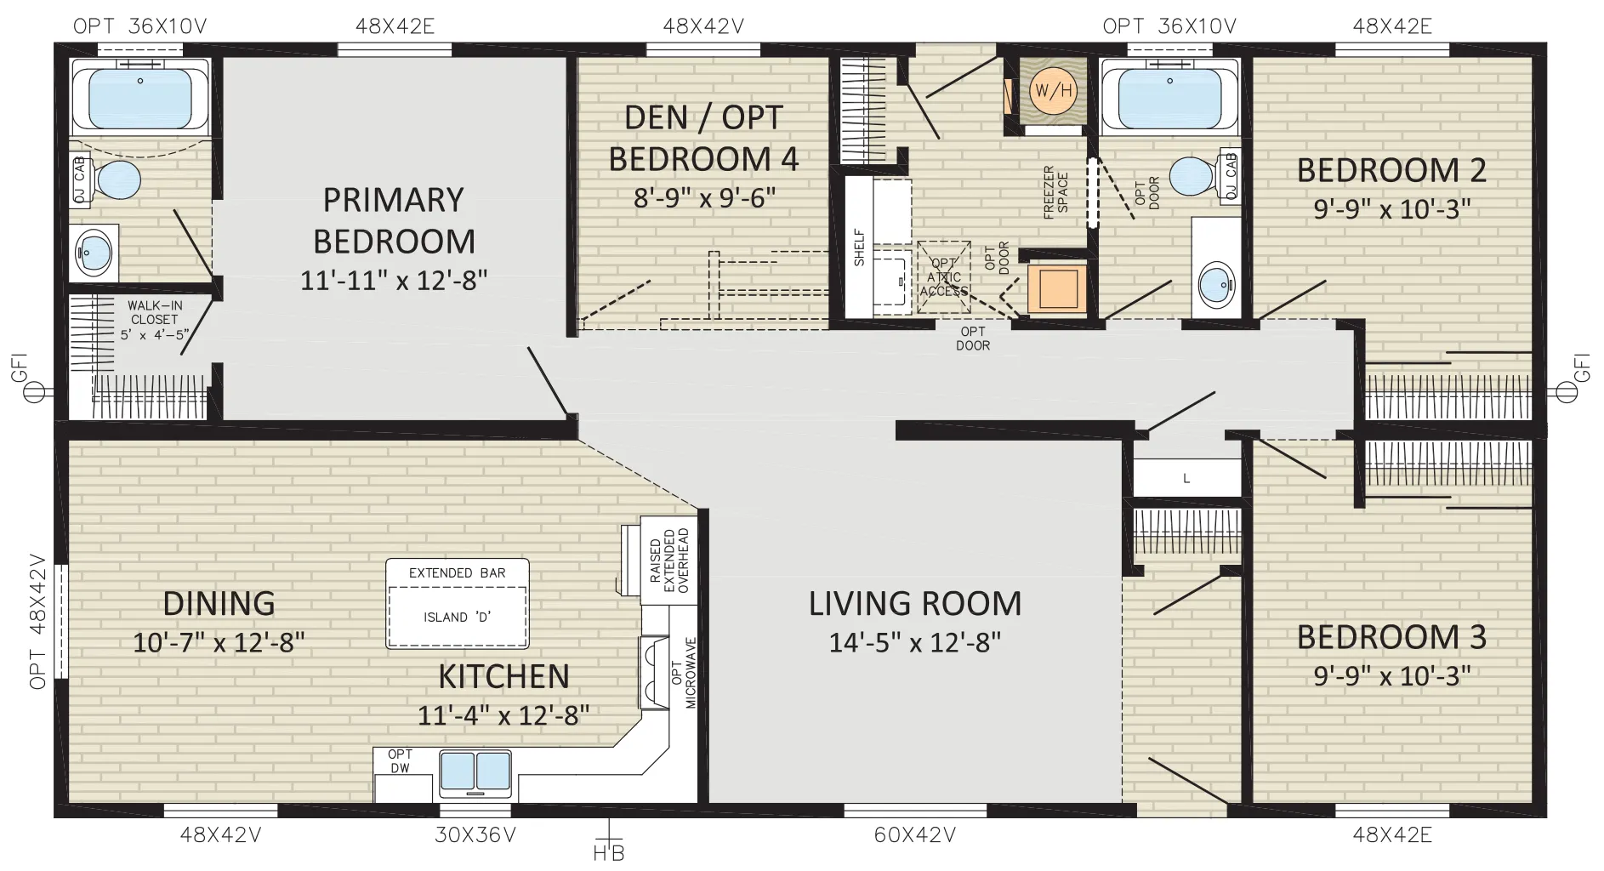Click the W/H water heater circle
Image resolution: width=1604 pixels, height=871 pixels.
click(1053, 90)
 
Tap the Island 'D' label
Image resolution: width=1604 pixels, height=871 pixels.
click(457, 617)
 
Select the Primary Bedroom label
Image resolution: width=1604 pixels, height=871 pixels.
click(394, 220)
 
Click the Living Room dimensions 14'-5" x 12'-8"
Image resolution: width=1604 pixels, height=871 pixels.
click(915, 642)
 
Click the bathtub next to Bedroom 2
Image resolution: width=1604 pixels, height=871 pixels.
click(1169, 95)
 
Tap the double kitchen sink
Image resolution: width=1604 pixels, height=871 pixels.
click(476, 771)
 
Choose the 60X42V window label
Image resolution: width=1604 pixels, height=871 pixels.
click(915, 835)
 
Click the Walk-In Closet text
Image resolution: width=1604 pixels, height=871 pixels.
click(154, 320)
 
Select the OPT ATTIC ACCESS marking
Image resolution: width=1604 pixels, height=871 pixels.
click(943, 277)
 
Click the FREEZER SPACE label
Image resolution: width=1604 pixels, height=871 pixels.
click(1055, 192)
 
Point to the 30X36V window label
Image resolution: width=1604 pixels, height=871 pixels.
click(475, 835)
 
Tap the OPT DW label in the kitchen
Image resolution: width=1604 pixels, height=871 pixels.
click(400, 761)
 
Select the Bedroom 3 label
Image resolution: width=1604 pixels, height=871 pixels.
click(1391, 637)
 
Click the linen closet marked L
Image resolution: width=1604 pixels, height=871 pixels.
click(1186, 478)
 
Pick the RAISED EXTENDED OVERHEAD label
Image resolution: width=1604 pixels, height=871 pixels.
click(668, 561)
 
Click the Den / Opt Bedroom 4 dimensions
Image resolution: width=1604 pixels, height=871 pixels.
click(704, 198)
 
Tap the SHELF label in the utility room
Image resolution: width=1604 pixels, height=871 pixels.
click(859, 248)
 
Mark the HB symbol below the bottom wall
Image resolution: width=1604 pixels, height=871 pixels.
click(608, 845)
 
